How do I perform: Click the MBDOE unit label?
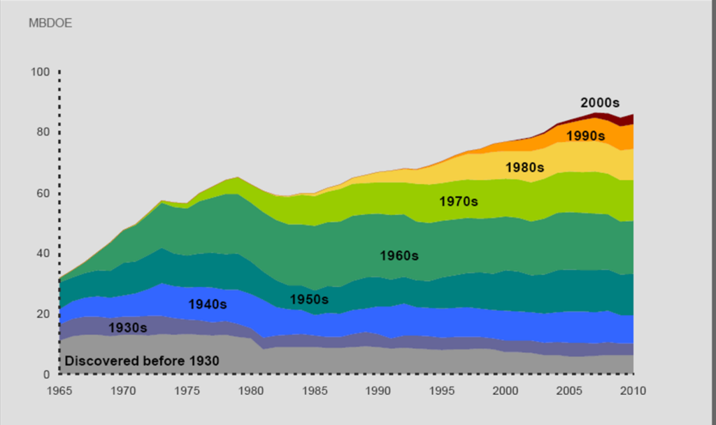[50, 23]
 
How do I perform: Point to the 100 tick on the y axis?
[40, 72]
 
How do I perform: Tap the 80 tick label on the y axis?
[43, 132]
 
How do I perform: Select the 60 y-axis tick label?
[43, 193]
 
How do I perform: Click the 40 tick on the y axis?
[43, 253]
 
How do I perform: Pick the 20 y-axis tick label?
[43, 314]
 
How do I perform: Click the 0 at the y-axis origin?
[45, 374]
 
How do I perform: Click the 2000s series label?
[600, 102]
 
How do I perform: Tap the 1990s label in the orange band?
[585, 136]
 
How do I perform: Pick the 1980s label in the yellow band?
[524, 167]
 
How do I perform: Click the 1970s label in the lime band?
[459, 202]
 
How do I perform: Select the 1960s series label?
[399, 256]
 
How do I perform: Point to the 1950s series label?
[309, 299]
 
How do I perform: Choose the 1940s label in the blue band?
[208, 304]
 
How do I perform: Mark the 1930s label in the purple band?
[128, 328]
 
